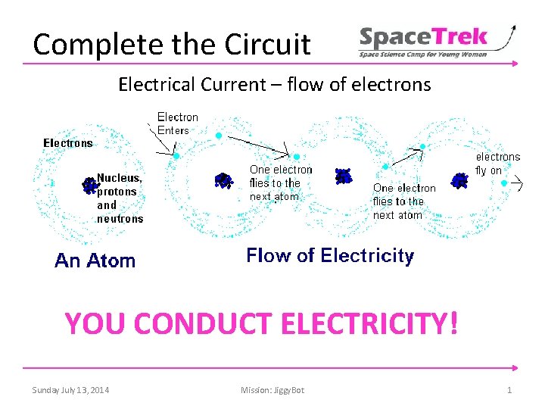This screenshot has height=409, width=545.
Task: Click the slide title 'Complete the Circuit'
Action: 172,45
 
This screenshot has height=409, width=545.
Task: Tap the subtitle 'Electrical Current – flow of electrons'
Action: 274,84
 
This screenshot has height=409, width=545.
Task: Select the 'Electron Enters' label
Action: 178,123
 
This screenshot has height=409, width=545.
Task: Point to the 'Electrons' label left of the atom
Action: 68,142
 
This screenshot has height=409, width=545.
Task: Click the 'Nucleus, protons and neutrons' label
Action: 120,198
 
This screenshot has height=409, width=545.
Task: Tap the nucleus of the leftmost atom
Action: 90,185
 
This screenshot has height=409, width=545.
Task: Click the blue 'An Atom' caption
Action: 95,261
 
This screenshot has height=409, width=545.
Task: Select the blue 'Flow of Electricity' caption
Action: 330,256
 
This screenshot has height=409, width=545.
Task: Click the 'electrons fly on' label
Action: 497,164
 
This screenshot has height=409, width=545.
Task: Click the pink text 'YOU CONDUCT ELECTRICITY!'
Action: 261,323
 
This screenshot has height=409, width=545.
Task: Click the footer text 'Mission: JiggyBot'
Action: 272,390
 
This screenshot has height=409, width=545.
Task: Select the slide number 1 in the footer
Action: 509,390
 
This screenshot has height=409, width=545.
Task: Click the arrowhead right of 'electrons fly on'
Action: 519,183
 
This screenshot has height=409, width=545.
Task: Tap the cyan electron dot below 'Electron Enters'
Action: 176,156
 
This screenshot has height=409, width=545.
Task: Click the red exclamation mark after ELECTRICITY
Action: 453,323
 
